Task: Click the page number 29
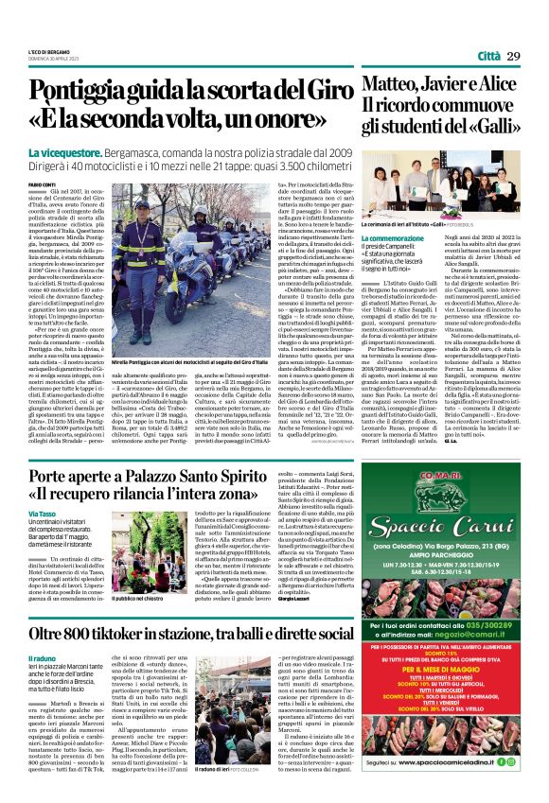click(x=513, y=57)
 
